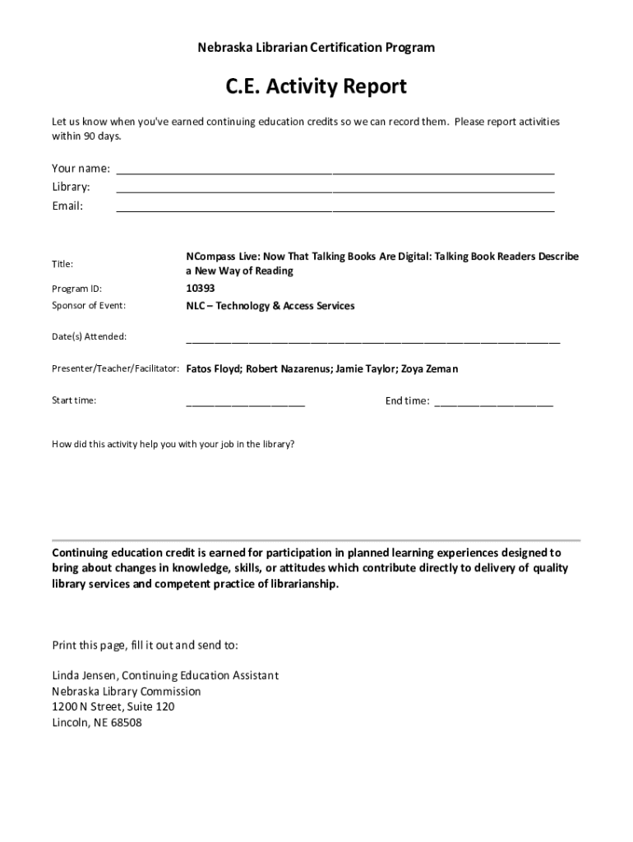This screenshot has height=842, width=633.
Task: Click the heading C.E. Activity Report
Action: [x=316, y=86]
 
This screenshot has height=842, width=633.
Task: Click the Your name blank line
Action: [x=335, y=173]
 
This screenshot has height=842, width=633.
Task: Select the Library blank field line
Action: [x=335, y=192]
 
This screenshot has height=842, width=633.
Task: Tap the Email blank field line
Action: [x=335, y=210]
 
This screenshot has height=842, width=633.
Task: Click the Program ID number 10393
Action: [x=201, y=289]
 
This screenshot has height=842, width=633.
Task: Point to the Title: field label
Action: [x=62, y=264]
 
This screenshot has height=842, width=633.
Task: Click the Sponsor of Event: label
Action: [x=88, y=306]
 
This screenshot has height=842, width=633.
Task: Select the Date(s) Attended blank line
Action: [x=372, y=339]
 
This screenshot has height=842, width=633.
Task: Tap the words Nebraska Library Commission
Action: [x=126, y=691]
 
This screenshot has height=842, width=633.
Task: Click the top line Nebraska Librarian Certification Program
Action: [x=316, y=48]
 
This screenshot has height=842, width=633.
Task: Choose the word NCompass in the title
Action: [x=211, y=257]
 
